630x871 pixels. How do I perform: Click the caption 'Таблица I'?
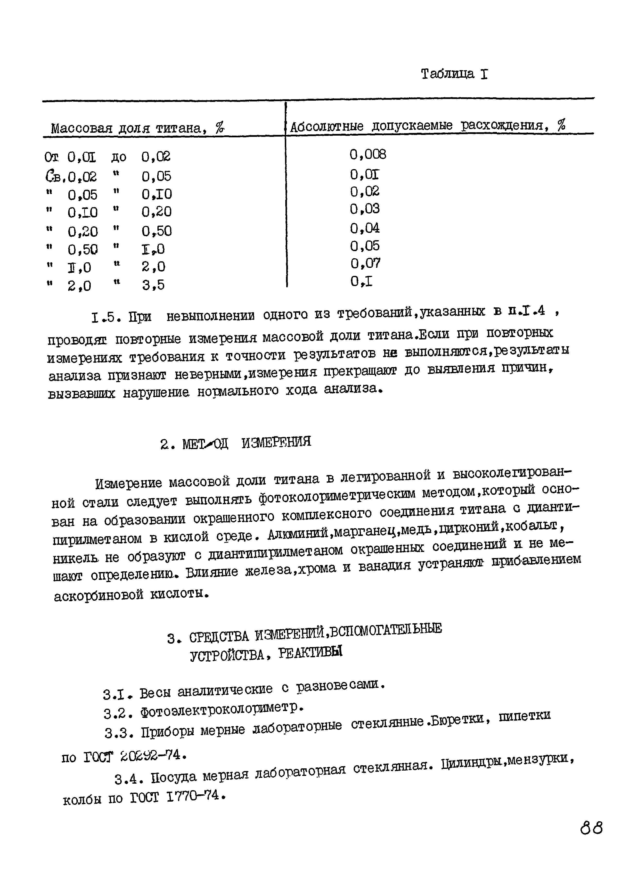pyautogui.click(x=454, y=74)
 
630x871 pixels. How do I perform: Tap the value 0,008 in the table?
pyautogui.click(x=368, y=154)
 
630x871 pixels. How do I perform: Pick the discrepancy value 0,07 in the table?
pyautogui.click(x=365, y=263)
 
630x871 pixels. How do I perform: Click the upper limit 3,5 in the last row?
pyautogui.click(x=153, y=285)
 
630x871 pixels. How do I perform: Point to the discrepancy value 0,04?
pyautogui.click(x=365, y=228)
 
